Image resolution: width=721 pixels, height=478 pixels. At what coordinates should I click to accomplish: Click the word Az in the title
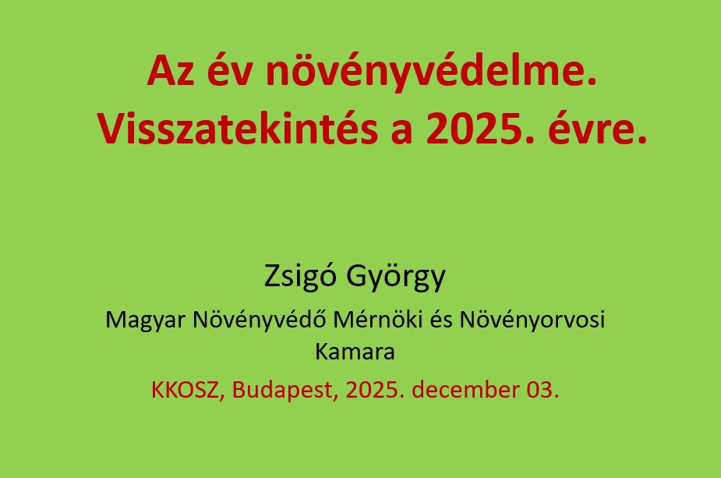[171, 71]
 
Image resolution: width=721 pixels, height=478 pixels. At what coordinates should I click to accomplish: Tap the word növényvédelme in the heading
[426, 71]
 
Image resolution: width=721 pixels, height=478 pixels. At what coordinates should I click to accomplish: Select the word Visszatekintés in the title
[237, 129]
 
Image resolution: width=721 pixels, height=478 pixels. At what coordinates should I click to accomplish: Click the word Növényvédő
[260, 319]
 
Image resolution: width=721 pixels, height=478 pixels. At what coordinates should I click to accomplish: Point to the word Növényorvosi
[532, 320]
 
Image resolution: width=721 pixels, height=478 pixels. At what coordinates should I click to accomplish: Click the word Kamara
[355, 352]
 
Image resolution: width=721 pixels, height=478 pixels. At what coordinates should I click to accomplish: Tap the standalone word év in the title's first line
[229, 71]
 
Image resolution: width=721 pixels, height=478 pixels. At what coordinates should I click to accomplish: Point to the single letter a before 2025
[401, 133]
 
